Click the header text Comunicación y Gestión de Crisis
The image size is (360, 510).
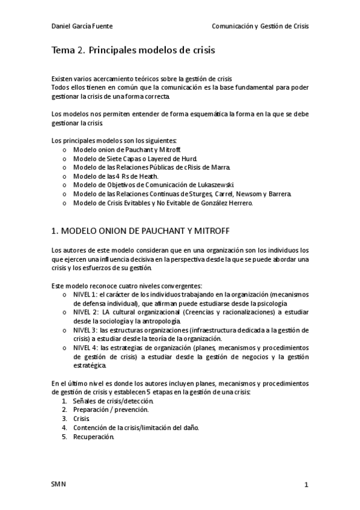(x=260, y=26)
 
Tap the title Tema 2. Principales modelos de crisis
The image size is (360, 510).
(x=133, y=51)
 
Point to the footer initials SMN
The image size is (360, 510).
(x=59, y=484)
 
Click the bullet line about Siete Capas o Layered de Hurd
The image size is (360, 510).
(x=137, y=158)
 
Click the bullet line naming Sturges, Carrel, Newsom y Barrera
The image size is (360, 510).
(x=182, y=194)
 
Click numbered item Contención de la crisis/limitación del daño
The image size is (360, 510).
(x=136, y=428)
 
